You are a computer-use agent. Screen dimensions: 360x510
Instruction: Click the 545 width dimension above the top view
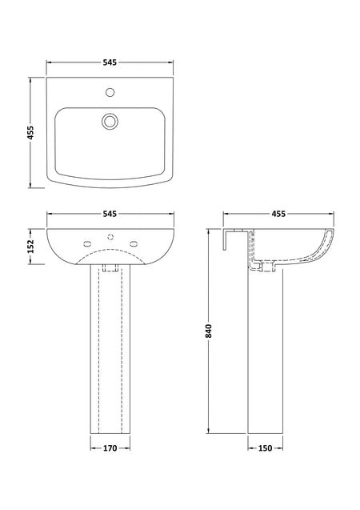point(110,62)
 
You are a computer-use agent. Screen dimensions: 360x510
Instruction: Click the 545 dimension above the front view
point(110,214)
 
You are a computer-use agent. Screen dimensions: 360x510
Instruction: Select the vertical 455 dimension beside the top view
point(30,133)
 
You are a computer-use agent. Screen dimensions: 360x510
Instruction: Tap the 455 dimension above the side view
point(278,214)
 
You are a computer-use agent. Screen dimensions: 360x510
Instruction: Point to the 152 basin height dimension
point(30,247)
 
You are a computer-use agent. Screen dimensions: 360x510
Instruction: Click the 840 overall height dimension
point(208,331)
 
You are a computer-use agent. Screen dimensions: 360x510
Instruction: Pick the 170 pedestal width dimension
point(110,448)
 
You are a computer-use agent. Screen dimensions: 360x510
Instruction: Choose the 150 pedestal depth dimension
point(265,448)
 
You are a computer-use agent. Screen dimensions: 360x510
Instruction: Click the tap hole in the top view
point(110,92)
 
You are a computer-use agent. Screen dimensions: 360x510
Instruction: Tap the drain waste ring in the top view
point(110,122)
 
